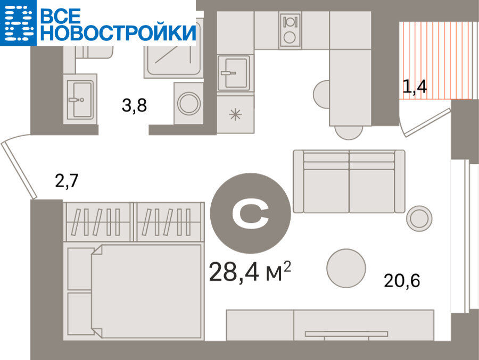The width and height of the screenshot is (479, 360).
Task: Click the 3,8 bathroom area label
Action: coord(134,106)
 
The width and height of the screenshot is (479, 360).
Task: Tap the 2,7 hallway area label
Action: coord(67,180)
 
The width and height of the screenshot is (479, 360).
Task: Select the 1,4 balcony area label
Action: coord(415,87)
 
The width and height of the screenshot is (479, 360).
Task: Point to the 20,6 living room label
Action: coord(402,280)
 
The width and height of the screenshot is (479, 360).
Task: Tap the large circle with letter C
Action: coord(251,213)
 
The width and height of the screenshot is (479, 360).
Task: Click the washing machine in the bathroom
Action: coord(188,103)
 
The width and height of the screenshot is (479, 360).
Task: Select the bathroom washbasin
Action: coord(80,99)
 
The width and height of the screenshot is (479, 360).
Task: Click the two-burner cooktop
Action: coord(290,30)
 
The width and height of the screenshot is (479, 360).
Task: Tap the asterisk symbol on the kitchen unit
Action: coord(235,115)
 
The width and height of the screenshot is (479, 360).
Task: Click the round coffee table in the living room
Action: coord(346,268)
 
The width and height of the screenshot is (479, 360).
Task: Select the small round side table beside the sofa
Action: coord(419,219)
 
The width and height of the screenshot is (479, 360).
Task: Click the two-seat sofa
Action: coord(349,181)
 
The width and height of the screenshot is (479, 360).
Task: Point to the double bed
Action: coord(134,291)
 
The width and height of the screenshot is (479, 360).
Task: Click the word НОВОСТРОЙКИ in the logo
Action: coord(118,32)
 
